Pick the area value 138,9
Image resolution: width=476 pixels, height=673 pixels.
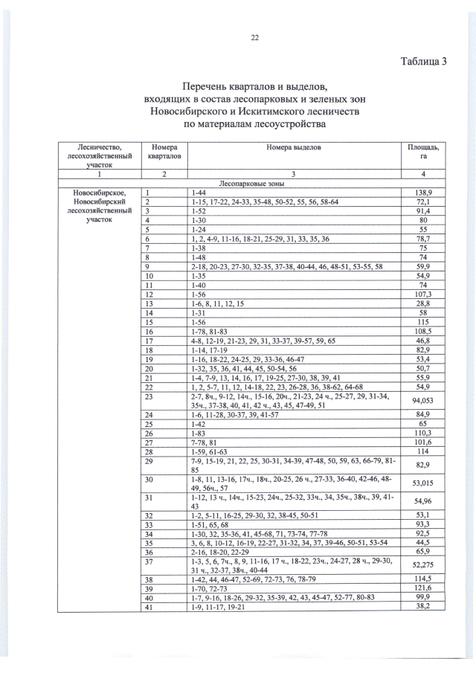click(422, 193)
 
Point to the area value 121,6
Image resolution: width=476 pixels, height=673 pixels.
click(422, 588)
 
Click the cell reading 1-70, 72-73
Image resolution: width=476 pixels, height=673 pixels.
click(210, 588)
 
